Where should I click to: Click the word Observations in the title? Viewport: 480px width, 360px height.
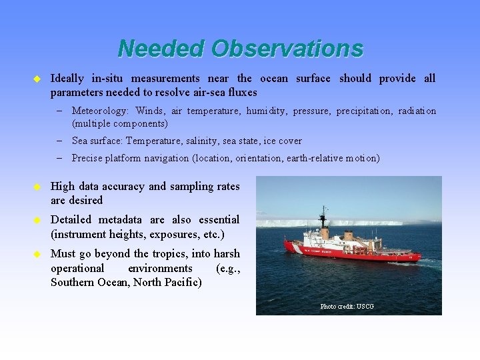(287, 49)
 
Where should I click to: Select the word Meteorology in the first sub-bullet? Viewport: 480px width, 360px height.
(101, 111)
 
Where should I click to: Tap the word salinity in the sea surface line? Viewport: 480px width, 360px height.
(203, 141)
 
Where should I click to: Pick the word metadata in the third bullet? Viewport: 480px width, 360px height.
(121, 219)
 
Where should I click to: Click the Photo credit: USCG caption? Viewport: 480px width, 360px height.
(347, 306)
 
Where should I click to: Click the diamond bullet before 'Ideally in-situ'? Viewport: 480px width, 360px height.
(37, 79)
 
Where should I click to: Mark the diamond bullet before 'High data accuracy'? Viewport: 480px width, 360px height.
(37, 187)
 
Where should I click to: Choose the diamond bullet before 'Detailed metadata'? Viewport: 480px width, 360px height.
(37, 220)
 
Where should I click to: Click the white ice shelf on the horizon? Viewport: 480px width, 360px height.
(347, 222)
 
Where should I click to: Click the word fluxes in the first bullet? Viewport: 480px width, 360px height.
(241, 92)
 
